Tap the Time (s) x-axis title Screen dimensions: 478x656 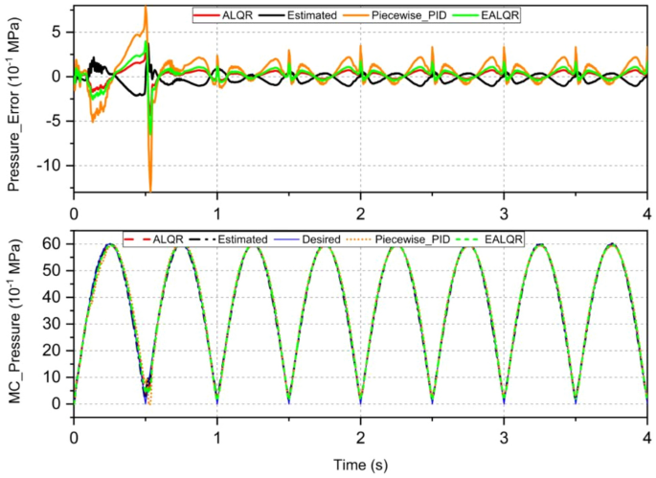coord(360,464)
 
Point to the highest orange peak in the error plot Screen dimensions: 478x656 coord(146,7)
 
